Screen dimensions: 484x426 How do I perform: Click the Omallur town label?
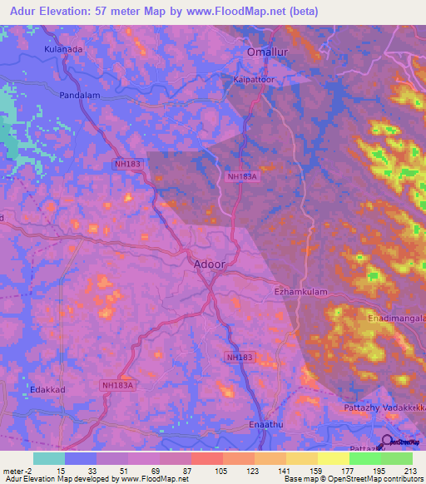(x=266, y=52)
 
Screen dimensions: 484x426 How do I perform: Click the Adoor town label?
(x=209, y=264)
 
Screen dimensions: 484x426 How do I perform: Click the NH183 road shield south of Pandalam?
(x=127, y=165)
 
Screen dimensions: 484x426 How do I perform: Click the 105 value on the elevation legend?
(x=221, y=471)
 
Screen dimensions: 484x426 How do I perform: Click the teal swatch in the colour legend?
(x=49, y=458)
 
